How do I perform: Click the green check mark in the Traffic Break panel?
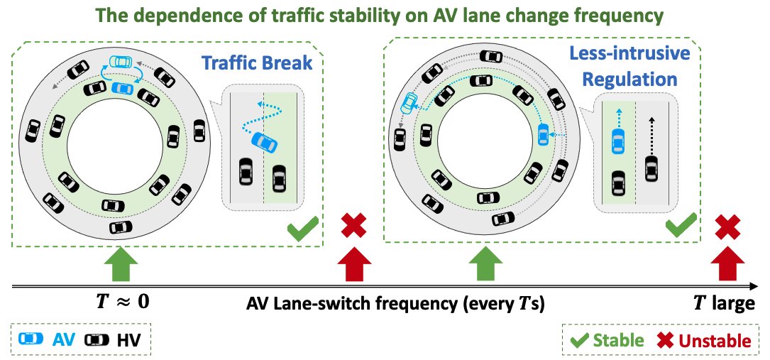pyautogui.click(x=302, y=230)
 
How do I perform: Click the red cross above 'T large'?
pyautogui.click(x=727, y=228)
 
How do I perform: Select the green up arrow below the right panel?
pyautogui.click(x=482, y=264)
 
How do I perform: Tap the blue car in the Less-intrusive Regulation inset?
pyautogui.click(x=617, y=141)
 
